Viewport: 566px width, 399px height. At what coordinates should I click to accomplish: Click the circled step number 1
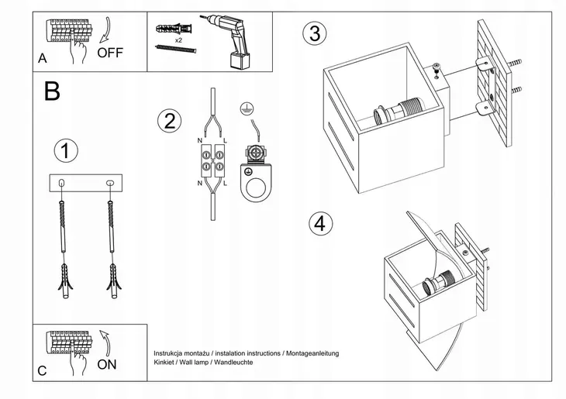(x=67, y=150)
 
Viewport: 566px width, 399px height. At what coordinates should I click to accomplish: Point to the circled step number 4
(x=317, y=223)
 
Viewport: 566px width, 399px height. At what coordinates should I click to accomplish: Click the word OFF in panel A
(x=110, y=53)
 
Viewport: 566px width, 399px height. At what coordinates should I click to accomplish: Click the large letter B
(x=51, y=91)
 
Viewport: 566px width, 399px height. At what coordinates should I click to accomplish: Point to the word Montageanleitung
(x=312, y=353)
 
